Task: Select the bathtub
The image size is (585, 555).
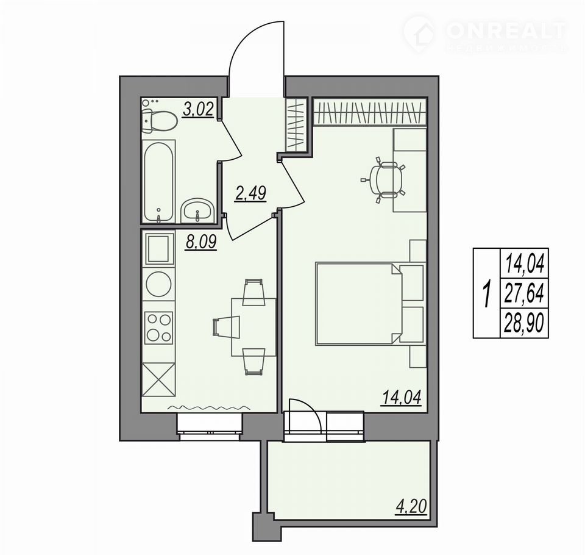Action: pyautogui.click(x=159, y=182)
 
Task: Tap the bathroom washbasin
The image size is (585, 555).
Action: pyautogui.click(x=197, y=210)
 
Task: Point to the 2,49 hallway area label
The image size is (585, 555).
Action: pyautogui.click(x=250, y=193)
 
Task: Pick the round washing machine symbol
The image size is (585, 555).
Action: pyautogui.click(x=159, y=285)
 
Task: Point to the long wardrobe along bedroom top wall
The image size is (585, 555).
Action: pyautogui.click(x=369, y=111)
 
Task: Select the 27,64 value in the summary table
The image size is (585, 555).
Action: pyautogui.click(x=524, y=292)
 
